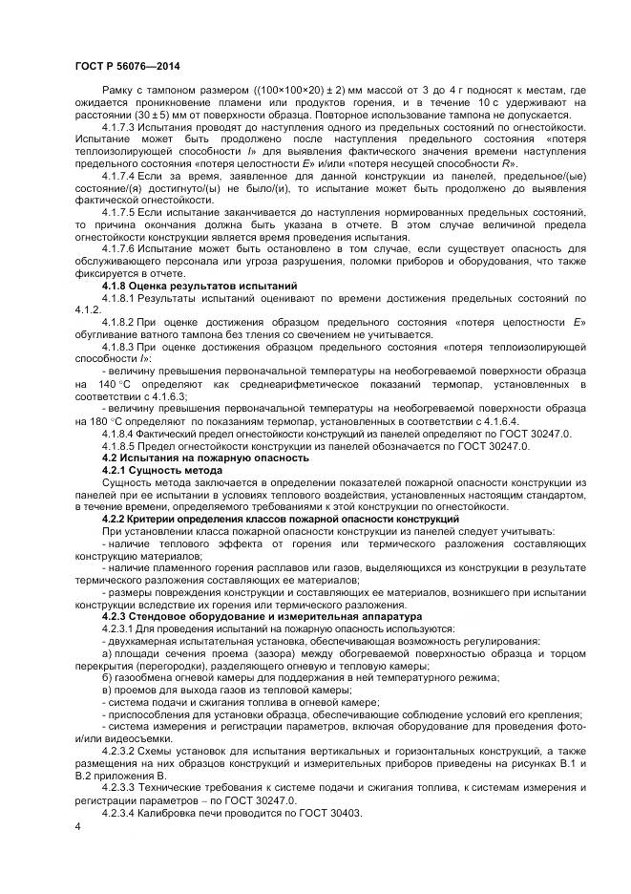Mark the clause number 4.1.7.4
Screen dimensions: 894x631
[x=119, y=177]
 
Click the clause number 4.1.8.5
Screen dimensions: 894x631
[x=119, y=446]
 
